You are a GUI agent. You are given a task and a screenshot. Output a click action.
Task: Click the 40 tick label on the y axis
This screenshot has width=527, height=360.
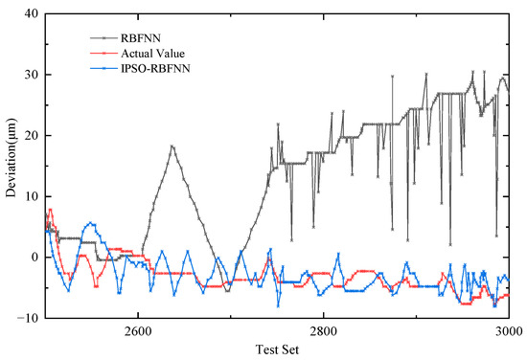[x=31, y=13]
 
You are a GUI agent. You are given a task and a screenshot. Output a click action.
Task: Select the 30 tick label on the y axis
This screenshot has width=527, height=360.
[x=31, y=75]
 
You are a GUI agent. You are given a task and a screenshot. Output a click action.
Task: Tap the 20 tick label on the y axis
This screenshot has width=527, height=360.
[x=31, y=135]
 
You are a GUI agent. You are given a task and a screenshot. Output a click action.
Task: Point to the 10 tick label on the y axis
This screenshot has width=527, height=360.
[x=31, y=196]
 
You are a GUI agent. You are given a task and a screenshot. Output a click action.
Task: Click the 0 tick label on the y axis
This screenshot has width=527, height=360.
[x=34, y=257]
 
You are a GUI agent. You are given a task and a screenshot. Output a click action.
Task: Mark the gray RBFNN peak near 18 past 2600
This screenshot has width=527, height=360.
[x=172, y=146]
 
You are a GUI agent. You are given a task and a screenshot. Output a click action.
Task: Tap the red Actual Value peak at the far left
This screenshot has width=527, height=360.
[x=50, y=209]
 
